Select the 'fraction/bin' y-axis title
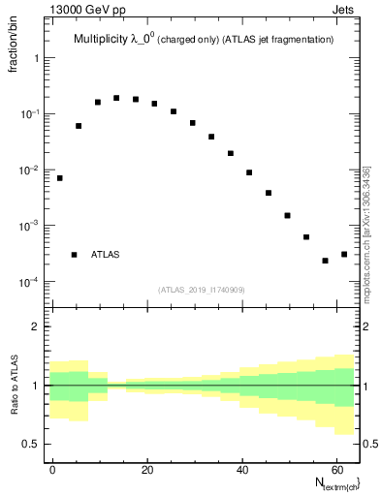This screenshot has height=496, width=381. pos(13,55)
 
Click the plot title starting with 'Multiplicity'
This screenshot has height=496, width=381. pos(204,40)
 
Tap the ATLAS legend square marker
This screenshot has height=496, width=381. pos(74,255)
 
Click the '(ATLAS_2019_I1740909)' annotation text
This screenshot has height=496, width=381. pos(204,290)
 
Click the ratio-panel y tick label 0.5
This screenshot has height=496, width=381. pos(30,444)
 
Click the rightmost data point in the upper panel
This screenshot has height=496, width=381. pos(344,255)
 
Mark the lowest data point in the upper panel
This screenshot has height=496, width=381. pos(326,261)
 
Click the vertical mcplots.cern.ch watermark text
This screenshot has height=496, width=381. pos(368,232)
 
